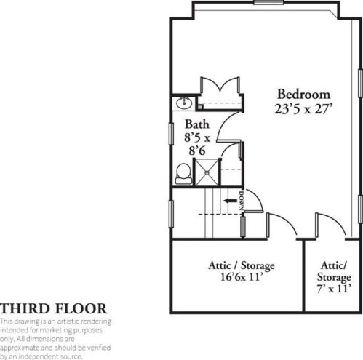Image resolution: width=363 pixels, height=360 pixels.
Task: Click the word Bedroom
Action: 303,95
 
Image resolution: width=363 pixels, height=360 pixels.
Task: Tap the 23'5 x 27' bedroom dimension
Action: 303,111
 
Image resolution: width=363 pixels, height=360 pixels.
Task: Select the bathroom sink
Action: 183,103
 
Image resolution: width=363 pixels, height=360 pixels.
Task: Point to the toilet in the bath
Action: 183,172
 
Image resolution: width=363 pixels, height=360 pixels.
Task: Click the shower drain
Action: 210,173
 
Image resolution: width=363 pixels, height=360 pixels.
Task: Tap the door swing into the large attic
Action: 280,222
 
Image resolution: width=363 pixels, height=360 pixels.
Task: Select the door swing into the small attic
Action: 328,222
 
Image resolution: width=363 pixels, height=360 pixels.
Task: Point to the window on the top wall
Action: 267,3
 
